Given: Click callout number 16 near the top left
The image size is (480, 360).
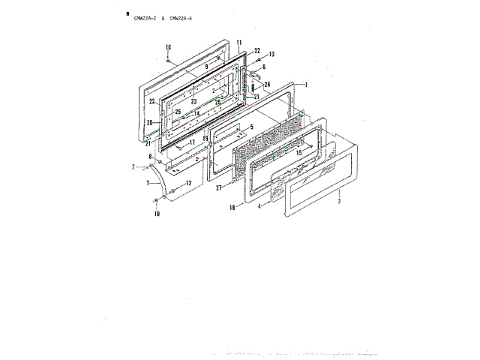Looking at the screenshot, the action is [x=169, y=47].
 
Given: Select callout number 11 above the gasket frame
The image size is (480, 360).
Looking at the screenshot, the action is [x=238, y=42].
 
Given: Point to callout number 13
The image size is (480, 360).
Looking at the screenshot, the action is [x=272, y=55].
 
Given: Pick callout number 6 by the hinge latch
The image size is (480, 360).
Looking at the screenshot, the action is [x=263, y=67].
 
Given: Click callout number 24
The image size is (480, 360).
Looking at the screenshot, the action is [x=267, y=84].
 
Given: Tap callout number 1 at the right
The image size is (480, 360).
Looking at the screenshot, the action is [x=305, y=85].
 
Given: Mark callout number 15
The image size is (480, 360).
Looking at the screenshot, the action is [x=298, y=153].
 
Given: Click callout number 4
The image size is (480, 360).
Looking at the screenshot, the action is [x=259, y=205].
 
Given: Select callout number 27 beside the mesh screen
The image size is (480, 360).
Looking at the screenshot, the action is [x=218, y=188].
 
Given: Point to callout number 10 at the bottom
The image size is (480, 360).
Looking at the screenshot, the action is [x=157, y=214].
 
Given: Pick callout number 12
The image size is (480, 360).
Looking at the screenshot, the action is [x=189, y=183].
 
